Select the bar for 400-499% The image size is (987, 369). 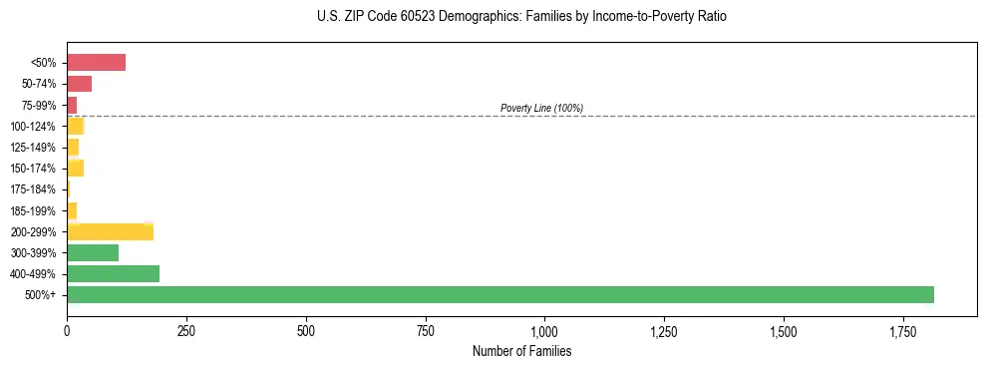[x=113, y=273]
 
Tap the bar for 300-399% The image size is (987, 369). [x=93, y=252]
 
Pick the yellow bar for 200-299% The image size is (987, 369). [x=110, y=231]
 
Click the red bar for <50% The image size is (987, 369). [x=96, y=63]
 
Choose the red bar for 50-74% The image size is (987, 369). [x=79, y=84]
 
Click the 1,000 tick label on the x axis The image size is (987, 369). [x=544, y=330]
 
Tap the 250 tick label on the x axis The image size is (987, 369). [x=186, y=330]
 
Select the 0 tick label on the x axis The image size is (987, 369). [x=67, y=330]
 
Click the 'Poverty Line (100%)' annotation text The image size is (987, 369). [x=541, y=108]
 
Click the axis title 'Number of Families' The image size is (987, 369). [x=521, y=351]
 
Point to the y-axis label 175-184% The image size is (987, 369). [x=33, y=189]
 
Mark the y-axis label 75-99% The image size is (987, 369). [x=39, y=105]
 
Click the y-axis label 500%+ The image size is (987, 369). [x=41, y=295]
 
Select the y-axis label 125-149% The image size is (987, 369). [x=33, y=148]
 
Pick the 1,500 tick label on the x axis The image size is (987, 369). [x=784, y=330]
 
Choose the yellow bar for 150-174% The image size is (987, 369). [x=76, y=168]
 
